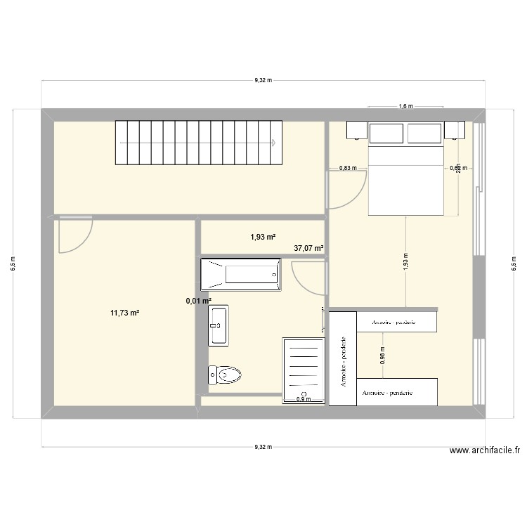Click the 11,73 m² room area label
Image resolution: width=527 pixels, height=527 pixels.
[124, 313]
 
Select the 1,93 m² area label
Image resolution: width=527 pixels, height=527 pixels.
[263, 238]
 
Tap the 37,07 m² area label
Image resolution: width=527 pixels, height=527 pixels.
[308, 248]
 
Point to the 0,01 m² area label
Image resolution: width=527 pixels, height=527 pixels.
[198, 301]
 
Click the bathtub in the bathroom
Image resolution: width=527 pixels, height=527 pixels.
[240, 274]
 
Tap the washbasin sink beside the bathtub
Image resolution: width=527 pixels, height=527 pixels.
[218, 326]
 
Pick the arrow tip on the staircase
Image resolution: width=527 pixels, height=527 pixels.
[273, 143]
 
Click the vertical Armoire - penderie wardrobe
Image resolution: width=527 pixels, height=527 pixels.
[343, 358]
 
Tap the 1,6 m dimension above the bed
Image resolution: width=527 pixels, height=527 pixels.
[405, 107]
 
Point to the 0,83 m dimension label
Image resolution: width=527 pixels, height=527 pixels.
[348, 168]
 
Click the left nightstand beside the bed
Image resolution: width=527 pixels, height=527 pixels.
[356, 130]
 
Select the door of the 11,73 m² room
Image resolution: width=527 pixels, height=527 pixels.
[75, 235]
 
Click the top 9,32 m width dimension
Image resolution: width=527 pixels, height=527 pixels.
[263, 81]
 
